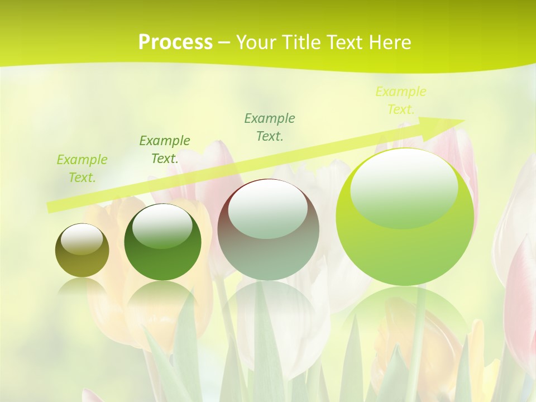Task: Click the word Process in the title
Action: click(175, 42)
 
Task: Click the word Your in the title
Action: click(254, 42)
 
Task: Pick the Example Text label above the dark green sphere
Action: click(165, 150)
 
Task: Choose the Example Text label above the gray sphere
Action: click(270, 127)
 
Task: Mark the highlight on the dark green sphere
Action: click(162, 226)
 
